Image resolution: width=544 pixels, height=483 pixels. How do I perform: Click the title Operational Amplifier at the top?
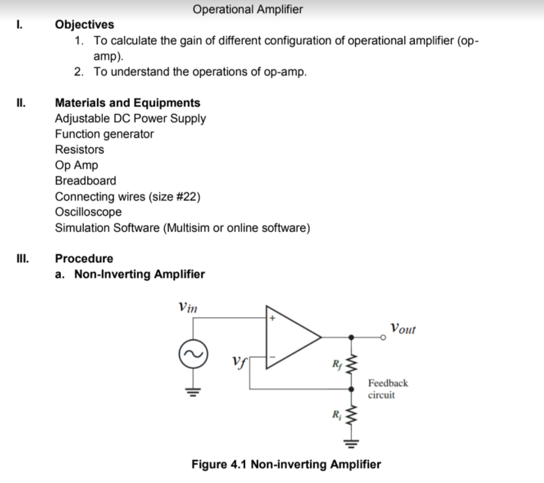coord(248,9)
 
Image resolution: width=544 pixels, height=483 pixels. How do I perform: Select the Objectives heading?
coord(85,25)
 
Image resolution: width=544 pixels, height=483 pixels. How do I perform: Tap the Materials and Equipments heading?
coord(128,103)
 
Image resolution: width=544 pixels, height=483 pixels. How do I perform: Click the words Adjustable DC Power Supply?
coord(130,119)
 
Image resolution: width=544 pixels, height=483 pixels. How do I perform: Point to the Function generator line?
coord(104,134)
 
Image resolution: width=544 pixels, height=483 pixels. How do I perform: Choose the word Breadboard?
coord(86,181)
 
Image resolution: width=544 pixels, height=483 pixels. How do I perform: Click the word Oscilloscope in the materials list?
coord(88,212)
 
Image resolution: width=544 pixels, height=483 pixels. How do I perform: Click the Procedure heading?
coord(84,259)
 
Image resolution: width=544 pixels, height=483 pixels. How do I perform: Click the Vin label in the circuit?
coord(188,307)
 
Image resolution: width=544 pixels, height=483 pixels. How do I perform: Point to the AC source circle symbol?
coord(193,355)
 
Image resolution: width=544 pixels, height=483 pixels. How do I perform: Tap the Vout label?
coord(402,328)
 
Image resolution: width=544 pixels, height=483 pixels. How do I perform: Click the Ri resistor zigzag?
coord(353,416)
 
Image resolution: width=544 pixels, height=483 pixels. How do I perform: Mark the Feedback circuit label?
coord(387,389)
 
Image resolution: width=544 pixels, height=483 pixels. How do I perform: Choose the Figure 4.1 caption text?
coord(286,465)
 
